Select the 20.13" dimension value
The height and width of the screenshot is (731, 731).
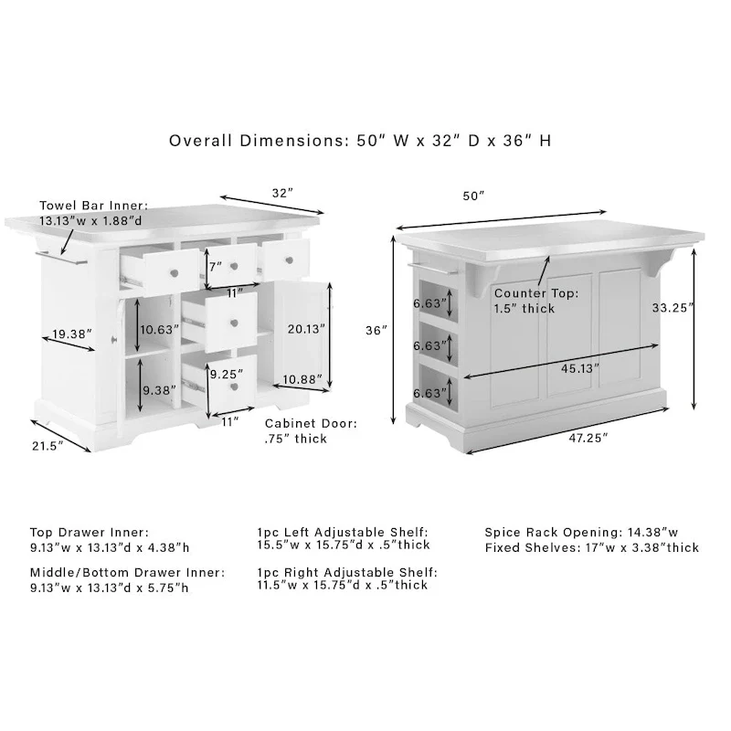coord(304,328)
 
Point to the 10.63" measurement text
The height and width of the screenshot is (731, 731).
coord(160,330)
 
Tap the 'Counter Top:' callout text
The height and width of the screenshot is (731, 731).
coord(535,293)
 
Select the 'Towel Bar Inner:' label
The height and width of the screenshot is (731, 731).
coord(93,207)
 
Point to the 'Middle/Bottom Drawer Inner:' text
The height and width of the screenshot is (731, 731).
coord(127,572)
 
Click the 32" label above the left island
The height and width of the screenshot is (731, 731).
coord(281,193)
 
